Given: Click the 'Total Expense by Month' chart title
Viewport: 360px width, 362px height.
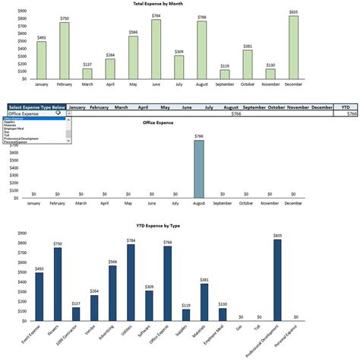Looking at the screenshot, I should pos(180,4).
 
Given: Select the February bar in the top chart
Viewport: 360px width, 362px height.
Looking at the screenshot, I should pos(65,50).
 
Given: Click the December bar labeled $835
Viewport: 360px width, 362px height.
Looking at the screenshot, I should pos(293,47).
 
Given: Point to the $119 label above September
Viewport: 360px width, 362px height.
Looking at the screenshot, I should pos(225,65).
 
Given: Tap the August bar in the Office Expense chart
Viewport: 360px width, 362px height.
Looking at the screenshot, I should pos(198,169).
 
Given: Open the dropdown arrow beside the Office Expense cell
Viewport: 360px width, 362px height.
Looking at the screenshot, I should pos(69,113).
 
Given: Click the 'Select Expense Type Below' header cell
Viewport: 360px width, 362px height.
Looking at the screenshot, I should pos(37,107).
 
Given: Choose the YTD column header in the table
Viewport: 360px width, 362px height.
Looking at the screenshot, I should pos(346,107).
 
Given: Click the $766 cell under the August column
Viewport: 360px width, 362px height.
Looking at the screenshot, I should pos(237,113).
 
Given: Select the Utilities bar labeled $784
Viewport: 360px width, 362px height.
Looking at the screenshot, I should pos(131,282).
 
